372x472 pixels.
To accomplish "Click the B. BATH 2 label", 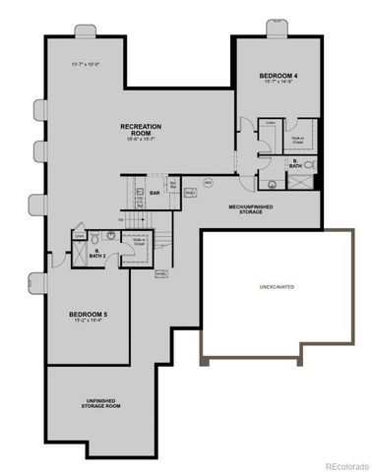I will [96, 254].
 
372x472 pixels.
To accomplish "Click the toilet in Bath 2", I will [94, 238].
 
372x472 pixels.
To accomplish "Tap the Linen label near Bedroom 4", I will [271, 124].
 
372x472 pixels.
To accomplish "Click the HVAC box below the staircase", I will [160, 272].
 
